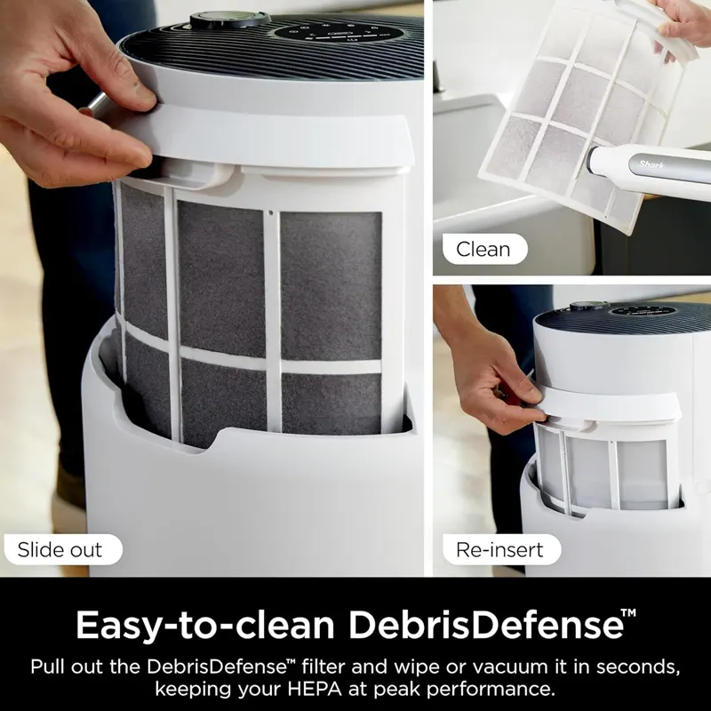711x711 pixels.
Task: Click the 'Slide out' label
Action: click(63, 549)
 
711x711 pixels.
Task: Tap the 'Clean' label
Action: click(484, 249)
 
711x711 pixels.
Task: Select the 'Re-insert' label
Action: click(501, 549)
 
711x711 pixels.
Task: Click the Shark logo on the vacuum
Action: click(651, 164)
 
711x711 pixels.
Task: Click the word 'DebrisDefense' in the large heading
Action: click(485, 625)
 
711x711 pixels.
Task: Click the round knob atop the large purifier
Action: click(230, 19)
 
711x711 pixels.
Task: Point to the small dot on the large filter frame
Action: click(271, 212)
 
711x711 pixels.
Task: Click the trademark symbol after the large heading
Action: click(628, 613)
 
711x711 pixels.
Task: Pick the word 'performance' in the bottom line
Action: click(491, 690)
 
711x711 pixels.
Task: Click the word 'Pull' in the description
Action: click(48, 667)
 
